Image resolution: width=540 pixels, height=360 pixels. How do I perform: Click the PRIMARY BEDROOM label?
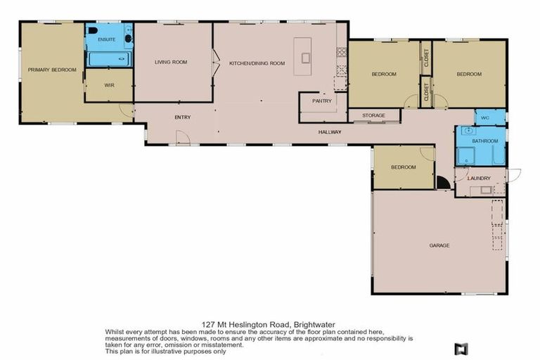51,70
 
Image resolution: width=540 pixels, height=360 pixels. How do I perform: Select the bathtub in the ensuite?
110,58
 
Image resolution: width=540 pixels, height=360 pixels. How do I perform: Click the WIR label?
109,85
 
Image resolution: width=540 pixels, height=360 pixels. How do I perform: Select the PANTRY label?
322,101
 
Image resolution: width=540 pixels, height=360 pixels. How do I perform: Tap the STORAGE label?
373,115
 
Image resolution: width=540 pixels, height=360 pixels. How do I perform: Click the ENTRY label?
183,117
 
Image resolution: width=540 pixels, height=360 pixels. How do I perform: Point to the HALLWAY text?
329,131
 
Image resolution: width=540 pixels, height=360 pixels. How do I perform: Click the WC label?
484,117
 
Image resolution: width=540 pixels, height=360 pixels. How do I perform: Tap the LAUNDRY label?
479,178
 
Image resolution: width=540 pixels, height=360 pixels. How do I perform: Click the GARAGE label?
439,245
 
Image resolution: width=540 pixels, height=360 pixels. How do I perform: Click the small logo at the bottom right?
461,348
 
